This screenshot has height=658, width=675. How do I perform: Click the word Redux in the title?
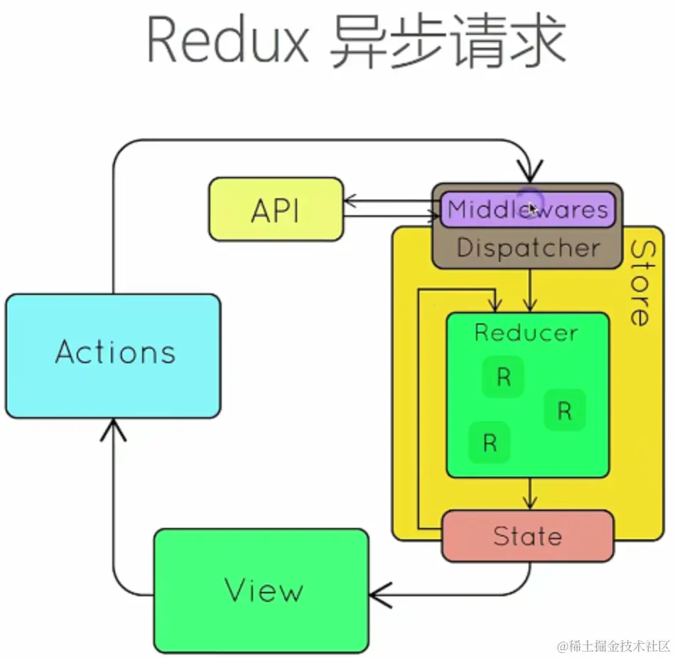[x=227, y=41]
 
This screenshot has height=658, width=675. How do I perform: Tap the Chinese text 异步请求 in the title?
[x=448, y=41]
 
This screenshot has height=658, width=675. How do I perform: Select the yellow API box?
[x=276, y=210]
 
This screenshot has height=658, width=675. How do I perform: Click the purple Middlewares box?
[x=527, y=210]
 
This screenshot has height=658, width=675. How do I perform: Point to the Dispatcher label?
[x=528, y=248]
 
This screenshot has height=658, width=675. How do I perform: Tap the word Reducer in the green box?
[x=526, y=333]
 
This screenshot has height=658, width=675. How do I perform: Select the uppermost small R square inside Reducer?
[x=503, y=377]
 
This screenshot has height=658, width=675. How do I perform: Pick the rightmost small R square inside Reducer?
[x=565, y=410]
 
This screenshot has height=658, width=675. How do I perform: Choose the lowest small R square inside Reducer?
[x=490, y=443]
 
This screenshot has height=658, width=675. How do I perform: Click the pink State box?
[x=527, y=536]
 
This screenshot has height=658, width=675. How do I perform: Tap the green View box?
[x=261, y=590]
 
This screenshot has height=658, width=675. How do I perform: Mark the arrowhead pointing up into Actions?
[x=114, y=428]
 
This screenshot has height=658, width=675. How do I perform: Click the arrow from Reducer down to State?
[x=528, y=493]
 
